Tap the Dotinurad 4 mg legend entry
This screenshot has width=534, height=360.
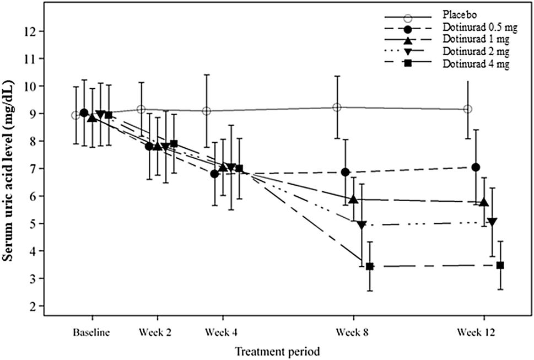point(474,64)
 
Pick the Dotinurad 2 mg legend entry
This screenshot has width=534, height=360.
point(474,52)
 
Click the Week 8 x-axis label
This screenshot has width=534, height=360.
point(353,332)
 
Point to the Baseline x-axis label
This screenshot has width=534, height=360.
point(92,332)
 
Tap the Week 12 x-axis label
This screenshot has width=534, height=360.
point(483,332)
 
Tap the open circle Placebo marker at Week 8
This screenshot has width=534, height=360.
point(337,108)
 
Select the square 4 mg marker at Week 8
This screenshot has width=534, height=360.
point(370,266)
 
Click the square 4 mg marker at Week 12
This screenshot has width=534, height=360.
point(500,265)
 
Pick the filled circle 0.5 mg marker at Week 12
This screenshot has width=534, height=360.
point(476,167)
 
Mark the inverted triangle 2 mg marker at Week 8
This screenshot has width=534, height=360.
point(362,225)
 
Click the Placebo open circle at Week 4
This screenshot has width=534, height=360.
point(206,111)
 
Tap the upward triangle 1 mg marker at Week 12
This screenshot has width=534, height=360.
point(484,202)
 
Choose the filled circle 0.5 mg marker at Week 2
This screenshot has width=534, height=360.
point(149,146)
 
